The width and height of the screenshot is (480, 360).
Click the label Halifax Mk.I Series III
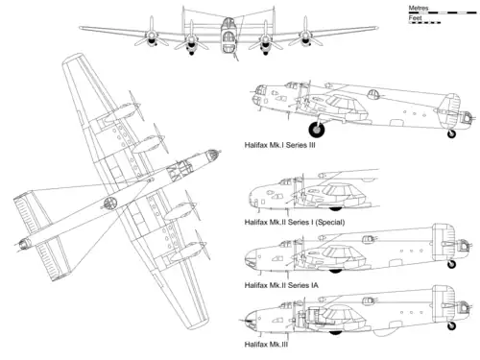tap(280, 145)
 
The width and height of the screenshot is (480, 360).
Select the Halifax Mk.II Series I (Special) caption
tap(295, 222)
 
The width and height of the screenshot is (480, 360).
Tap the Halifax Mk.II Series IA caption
tap(281, 285)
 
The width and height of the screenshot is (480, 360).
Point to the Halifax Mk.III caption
tap(266, 345)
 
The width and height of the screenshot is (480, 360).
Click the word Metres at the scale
tap(419, 8)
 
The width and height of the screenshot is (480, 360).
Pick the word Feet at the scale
tap(415, 18)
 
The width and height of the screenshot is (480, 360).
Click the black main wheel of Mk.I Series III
tap(317, 130)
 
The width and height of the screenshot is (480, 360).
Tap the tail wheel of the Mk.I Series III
tap(451, 133)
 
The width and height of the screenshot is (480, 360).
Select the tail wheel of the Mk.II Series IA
tap(451, 264)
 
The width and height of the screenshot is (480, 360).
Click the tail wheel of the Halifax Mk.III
tap(451, 325)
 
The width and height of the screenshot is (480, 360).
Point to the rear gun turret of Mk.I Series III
tap(466, 118)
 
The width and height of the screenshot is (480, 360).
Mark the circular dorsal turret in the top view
tap(109, 203)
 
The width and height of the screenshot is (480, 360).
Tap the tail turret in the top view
tap(23, 245)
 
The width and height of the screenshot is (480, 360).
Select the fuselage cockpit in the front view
tap(228, 36)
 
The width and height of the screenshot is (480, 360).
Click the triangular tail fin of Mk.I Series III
tap(448, 109)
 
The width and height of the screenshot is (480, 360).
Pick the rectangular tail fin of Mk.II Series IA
tap(444, 242)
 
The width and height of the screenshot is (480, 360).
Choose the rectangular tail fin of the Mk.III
tap(444, 303)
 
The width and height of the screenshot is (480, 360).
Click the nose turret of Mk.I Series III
tap(258, 95)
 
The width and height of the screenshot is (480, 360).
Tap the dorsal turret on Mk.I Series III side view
tap(372, 94)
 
